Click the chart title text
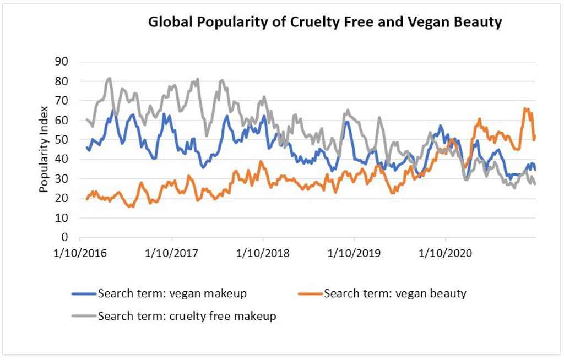pyautogui.click(x=325, y=23)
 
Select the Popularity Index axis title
pyautogui.click(x=44, y=149)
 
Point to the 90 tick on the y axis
pyautogui.click(x=61, y=62)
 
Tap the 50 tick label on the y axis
pyautogui.click(x=61, y=140)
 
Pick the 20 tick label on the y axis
pyautogui.click(x=61, y=199)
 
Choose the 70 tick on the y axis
pyautogui.click(x=61, y=101)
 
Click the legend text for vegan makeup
pyautogui.click(x=172, y=293)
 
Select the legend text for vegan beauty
pyautogui.click(x=395, y=293)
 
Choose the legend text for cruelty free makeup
pyautogui.click(x=187, y=317)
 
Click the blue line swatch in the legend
pyautogui.click(x=84, y=294)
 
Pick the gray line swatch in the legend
pyautogui.click(x=84, y=317)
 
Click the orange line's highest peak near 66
pyautogui.click(x=525, y=109)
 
